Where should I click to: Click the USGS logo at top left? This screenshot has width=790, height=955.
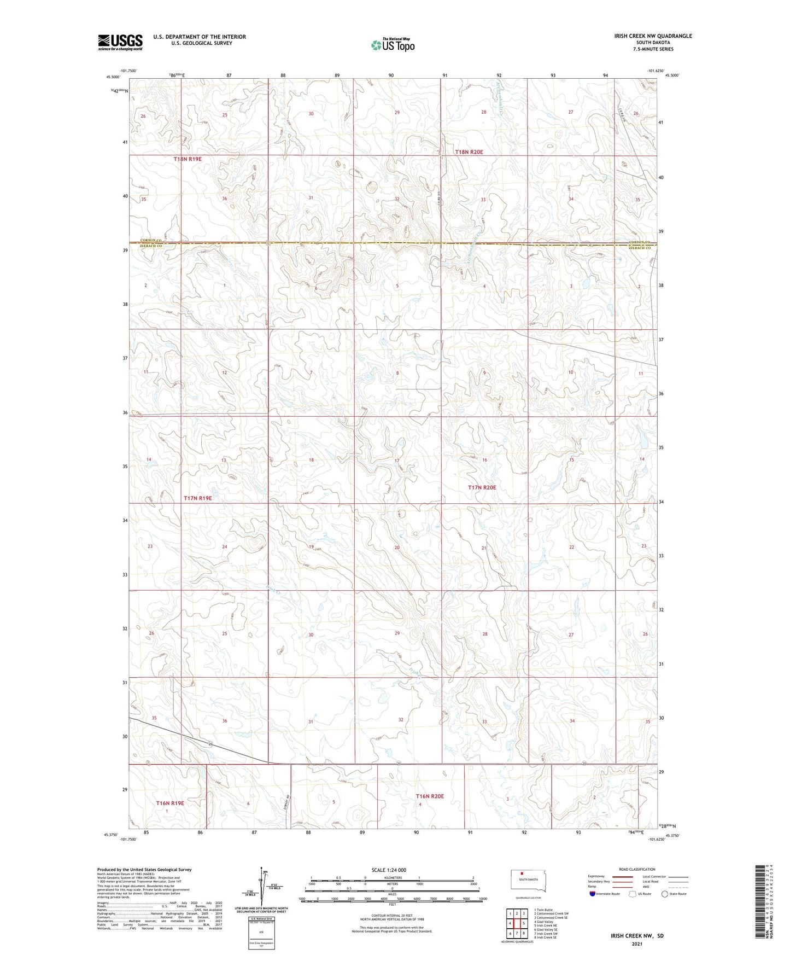coord(120,42)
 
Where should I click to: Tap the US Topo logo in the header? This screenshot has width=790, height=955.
coord(393,45)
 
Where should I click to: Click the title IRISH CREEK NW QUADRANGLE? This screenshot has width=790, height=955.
coord(645,36)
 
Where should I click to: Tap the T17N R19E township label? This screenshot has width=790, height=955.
coord(197,498)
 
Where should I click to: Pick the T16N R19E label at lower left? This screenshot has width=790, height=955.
coord(169,803)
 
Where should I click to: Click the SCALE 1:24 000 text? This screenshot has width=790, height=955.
coord(389,870)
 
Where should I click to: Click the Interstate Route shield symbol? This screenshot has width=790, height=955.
coord(593,894)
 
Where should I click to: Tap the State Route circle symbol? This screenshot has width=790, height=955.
coord(664,894)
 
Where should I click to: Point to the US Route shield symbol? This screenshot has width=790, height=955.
coord(633,894)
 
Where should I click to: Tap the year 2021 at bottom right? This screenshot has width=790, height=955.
coord(637,944)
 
